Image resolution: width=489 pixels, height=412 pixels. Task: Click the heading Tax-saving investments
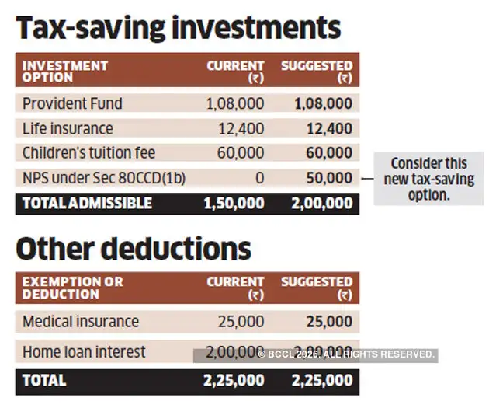(x=179, y=28)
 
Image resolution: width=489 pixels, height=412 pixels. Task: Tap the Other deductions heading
(x=134, y=249)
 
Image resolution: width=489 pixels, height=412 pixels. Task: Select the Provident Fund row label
(x=72, y=103)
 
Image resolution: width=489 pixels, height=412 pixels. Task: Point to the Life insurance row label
(x=68, y=128)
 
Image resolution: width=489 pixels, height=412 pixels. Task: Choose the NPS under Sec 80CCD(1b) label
(x=104, y=178)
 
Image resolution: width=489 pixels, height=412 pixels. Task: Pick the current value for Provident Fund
(x=234, y=103)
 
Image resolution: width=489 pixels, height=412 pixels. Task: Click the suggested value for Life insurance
(x=329, y=128)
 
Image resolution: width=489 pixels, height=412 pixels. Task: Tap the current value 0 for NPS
(x=259, y=178)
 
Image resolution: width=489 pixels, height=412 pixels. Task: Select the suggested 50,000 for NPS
(x=329, y=178)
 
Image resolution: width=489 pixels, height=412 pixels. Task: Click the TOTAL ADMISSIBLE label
(x=87, y=203)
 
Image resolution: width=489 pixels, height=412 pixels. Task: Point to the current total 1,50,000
(x=234, y=203)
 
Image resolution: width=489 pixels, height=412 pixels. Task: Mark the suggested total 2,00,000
(x=321, y=203)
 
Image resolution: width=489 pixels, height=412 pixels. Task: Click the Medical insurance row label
(x=81, y=322)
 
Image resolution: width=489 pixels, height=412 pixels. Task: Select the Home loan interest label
(x=84, y=352)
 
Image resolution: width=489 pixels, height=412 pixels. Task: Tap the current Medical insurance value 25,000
(x=240, y=322)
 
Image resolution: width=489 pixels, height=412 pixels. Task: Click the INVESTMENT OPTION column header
(x=65, y=72)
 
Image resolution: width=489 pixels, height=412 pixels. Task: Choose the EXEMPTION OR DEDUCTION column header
(x=72, y=288)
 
